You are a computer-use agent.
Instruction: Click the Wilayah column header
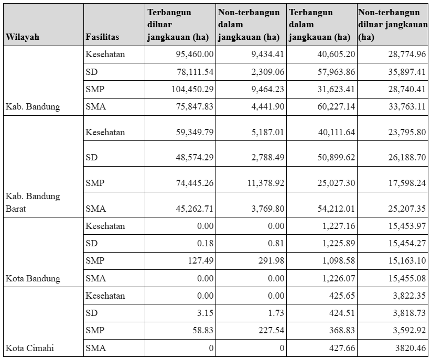coord(22,37)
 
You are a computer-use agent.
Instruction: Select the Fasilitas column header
coord(102,37)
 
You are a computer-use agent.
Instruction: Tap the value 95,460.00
coord(195,54)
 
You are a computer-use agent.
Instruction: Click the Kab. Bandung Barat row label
coord(33,203)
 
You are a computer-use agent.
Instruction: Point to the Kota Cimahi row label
coord(29,348)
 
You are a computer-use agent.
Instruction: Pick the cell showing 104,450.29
coord(192,89)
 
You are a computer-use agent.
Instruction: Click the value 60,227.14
coord(336,106)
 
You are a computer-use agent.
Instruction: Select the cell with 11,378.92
coord(266,183)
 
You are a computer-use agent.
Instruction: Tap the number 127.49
coord(201,260)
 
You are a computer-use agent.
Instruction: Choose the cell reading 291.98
coord(271,260)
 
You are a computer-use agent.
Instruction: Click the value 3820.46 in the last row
coord(411,348)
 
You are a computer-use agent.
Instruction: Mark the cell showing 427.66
coord(342,348)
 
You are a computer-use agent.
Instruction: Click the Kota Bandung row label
coord(33,278)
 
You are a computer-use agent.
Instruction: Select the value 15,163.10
coord(407,260)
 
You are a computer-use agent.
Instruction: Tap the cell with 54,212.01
coord(336,209)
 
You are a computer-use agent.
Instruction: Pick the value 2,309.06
coord(268,72)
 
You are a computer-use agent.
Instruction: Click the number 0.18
coord(206,243)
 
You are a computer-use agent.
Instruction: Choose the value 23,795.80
coord(407,132)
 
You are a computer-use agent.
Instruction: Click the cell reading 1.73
coord(276,313)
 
